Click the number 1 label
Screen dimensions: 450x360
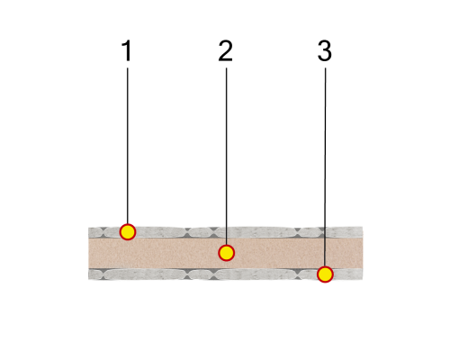(x=127, y=50)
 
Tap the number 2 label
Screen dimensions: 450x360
(x=226, y=50)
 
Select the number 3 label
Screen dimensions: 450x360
(x=325, y=50)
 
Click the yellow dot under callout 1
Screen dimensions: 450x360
(x=128, y=232)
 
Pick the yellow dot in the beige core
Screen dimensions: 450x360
(x=226, y=253)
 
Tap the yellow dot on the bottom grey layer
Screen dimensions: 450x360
(x=325, y=274)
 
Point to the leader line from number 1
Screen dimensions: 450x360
(x=128, y=146)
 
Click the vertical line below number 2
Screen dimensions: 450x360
(x=226, y=157)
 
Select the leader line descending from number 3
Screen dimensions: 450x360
(x=325, y=167)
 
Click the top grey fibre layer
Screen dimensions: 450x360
(x=226, y=232)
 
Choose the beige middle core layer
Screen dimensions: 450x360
(x=226, y=253)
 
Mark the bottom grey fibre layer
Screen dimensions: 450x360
(x=226, y=274)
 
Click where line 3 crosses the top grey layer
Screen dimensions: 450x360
(x=325, y=232)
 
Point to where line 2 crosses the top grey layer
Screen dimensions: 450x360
(x=226, y=232)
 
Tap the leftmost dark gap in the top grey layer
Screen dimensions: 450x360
(x=103, y=232)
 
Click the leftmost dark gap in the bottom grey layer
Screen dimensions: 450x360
(x=103, y=274)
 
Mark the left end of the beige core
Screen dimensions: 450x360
(x=88, y=253)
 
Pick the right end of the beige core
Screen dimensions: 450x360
(x=363, y=253)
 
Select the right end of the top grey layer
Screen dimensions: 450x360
(x=363, y=232)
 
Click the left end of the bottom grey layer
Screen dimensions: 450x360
(x=88, y=274)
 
